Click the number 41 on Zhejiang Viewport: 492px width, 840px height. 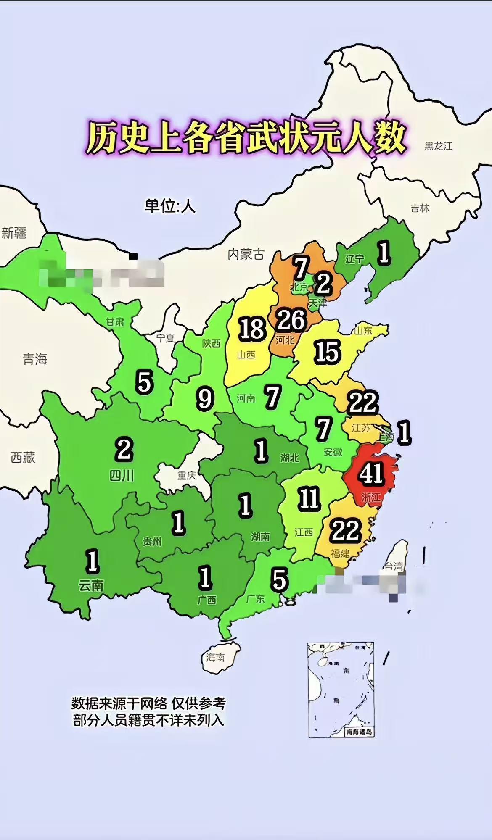pos(371,474)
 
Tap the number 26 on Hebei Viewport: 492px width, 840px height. pos(291,321)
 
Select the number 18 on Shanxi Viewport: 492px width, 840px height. pos(252,329)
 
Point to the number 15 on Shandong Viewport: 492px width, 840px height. pos(327,352)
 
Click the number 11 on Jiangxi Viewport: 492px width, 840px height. pos(309,499)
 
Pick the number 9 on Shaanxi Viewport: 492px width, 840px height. pos(205,399)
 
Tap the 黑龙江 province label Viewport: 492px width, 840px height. pos(438,146)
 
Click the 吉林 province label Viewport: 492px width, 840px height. pos(420,208)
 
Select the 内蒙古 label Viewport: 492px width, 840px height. pos(246,254)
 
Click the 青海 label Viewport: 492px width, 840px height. pos(35,359)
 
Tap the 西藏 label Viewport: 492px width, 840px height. pos(23,457)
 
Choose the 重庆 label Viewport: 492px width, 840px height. pos(186,475)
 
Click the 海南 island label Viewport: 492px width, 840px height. pos(215,657)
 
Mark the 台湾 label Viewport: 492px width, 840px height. pos(393,566)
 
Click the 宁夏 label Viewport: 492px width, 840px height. pos(165,338)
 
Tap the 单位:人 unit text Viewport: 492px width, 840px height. pos(170,206)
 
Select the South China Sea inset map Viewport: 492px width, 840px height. pos(341,689)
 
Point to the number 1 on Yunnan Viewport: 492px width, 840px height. pos(92,561)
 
